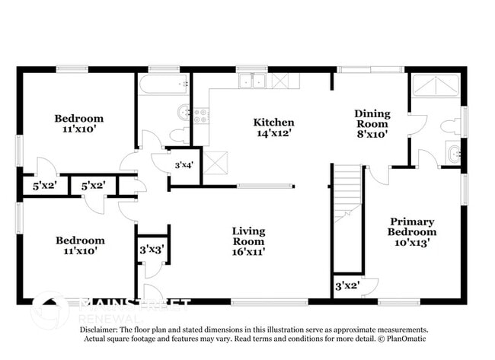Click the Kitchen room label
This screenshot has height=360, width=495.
[273, 122]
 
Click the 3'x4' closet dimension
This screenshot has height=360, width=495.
[184, 164]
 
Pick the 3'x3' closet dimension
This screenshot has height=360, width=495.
[152, 250]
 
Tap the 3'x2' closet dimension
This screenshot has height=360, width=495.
[347, 286]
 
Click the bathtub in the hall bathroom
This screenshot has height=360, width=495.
[164, 84]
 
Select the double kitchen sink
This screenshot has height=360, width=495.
[252, 81]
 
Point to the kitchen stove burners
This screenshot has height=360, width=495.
[201, 116]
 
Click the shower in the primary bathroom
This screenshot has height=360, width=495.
[436, 85]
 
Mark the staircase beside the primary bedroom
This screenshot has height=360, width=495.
[348, 193]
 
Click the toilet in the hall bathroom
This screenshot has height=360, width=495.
[179, 135]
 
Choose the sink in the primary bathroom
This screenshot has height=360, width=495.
[454, 153]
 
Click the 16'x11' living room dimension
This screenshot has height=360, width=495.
[248, 252]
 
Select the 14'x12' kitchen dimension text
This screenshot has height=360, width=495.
[273, 133]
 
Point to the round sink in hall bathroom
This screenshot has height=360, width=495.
[184, 113]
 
